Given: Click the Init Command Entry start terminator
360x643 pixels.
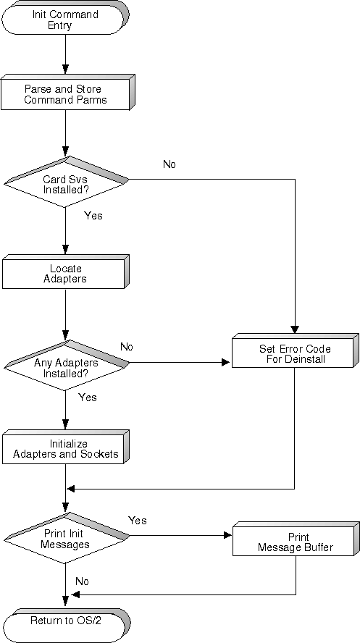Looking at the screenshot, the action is coord(66,17).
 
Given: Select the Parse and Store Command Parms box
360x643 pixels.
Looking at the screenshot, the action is coord(68,92).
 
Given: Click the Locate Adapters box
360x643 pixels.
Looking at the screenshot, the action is coord(66,272).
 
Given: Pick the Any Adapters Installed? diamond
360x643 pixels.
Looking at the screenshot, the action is coord(66,364).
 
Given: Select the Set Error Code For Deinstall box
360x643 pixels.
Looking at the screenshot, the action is coord(295,350).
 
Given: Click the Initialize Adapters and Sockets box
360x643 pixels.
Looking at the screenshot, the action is coord(66,447).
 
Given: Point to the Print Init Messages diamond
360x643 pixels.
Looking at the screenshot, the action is coord(66,538).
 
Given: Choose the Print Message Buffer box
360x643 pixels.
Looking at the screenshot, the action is coord(296,539).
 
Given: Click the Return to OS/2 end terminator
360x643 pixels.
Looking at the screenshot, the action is coord(66,626).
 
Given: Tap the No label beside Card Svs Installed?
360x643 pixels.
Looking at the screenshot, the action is coord(169,164).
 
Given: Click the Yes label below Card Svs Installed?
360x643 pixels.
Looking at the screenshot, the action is coord(93,215).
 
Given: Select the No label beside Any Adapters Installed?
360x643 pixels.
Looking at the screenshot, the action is coord(127,347).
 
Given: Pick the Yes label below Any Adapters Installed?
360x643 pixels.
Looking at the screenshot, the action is coord(88,398).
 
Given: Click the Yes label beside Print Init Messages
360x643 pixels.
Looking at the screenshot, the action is coord(138,521).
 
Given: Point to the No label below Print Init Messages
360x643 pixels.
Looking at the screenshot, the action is coord(82,581).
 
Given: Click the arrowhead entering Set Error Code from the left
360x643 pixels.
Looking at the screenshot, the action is coord(225,363).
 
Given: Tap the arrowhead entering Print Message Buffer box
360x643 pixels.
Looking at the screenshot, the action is coord(227,535).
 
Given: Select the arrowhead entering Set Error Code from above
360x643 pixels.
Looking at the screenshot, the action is coord(295,329).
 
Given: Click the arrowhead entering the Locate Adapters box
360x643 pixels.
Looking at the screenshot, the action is coord(65,249).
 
